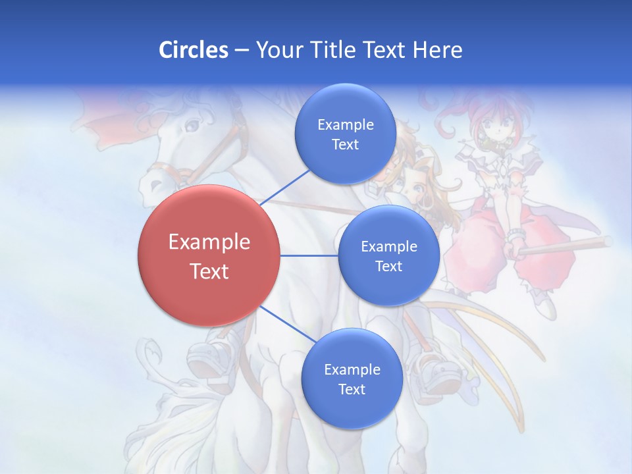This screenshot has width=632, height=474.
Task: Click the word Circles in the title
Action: (193, 50)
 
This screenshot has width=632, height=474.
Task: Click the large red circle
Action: (209, 290)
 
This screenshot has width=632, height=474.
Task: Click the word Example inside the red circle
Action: (209, 242)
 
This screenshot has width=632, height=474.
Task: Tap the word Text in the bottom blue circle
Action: (352, 389)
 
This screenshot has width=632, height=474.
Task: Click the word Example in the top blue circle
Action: (345, 124)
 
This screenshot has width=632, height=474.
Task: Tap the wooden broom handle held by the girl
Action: (566, 246)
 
